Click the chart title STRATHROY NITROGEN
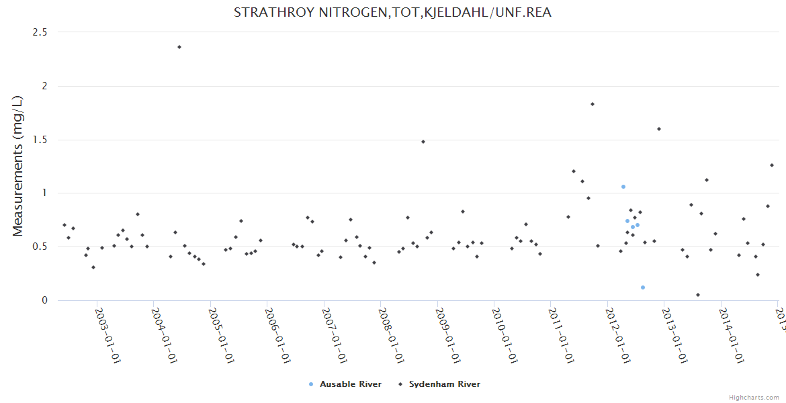click(392, 12)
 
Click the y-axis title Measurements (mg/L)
click(18, 166)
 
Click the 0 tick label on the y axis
click(45, 300)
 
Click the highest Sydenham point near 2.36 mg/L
click(179, 47)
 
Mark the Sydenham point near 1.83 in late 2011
click(593, 104)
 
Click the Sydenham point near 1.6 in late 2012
click(659, 129)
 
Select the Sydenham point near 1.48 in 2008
click(423, 142)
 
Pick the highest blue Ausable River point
click(623, 187)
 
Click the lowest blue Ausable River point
click(643, 287)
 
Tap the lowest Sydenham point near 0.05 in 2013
click(698, 295)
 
